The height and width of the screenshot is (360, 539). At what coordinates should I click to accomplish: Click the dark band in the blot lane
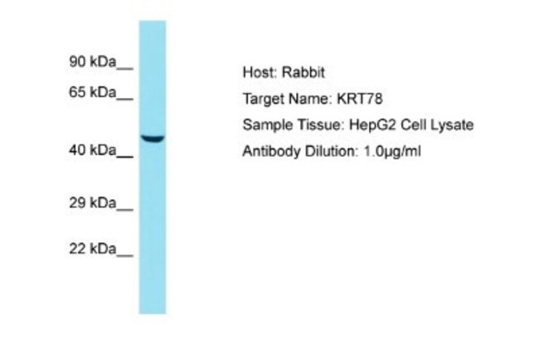[x=153, y=139]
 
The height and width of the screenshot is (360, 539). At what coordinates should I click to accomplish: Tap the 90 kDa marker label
[x=93, y=62]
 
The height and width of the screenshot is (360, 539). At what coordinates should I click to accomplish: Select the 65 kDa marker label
[x=93, y=92]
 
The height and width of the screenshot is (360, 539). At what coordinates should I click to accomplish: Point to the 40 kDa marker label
[x=93, y=150]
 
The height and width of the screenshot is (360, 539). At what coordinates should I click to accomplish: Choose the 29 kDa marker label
[x=93, y=203]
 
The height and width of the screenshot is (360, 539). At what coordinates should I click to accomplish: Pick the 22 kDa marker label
[x=93, y=248]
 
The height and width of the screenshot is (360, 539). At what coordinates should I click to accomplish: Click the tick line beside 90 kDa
[x=124, y=69]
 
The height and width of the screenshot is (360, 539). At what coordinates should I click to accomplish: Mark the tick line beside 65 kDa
[x=124, y=100]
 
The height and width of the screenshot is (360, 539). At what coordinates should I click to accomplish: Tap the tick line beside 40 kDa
[x=124, y=157]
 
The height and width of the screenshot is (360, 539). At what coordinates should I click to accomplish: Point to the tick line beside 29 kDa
[x=124, y=210]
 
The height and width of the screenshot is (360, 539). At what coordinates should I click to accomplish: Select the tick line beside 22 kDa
[x=124, y=255]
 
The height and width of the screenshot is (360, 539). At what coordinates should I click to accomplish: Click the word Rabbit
[x=303, y=72]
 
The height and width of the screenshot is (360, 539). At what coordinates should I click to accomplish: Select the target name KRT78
[x=360, y=99]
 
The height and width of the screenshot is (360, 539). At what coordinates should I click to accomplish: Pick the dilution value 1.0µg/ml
[x=392, y=151]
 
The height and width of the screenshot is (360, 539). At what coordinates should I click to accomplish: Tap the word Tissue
[x=321, y=124]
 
